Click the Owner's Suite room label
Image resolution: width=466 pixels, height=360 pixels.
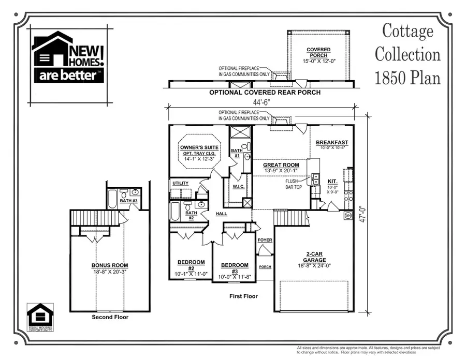click(199, 147)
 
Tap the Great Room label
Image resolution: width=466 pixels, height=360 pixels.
click(281, 166)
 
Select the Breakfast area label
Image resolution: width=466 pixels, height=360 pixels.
click(331, 143)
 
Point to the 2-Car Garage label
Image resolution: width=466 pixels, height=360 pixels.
click(315, 257)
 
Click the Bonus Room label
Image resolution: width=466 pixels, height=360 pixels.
click(109, 265)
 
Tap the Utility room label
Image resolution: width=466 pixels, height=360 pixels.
click(181, 183)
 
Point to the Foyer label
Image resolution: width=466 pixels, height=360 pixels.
click(265, 240)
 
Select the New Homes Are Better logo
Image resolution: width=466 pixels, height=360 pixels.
click(68, 56)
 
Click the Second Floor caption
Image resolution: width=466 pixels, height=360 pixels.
click(110, 317)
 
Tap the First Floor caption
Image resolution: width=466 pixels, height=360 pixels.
click(243, 296)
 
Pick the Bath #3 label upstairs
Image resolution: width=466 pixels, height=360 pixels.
click(128, 201)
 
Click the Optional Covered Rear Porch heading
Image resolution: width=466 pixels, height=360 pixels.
click(265, 93)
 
